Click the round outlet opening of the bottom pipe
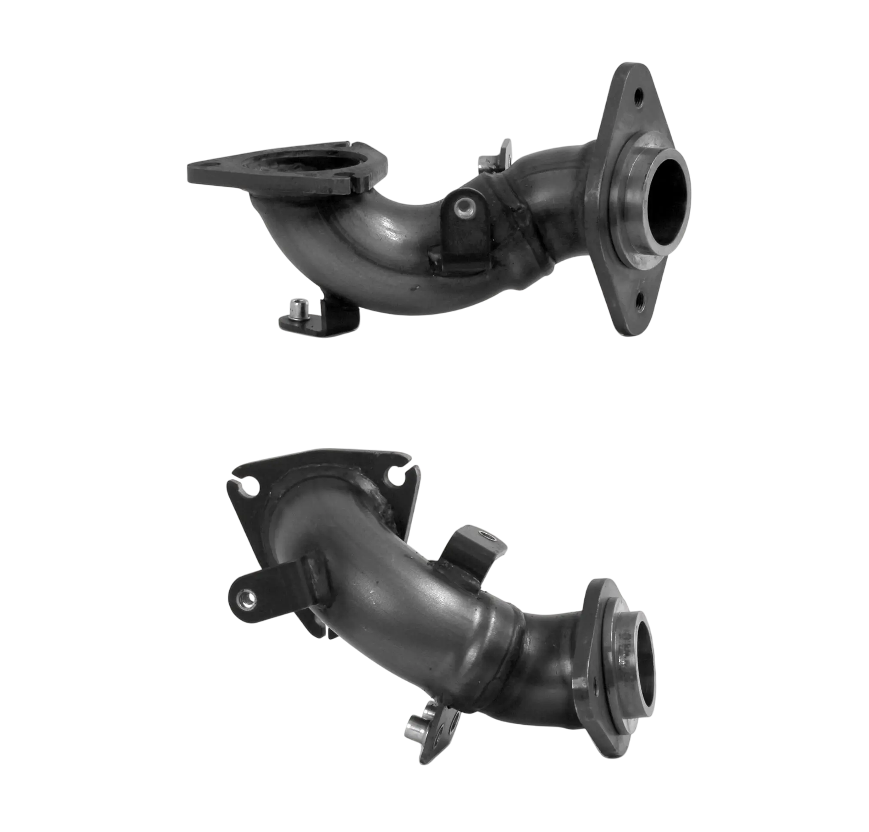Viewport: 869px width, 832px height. (x=644, y=656)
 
